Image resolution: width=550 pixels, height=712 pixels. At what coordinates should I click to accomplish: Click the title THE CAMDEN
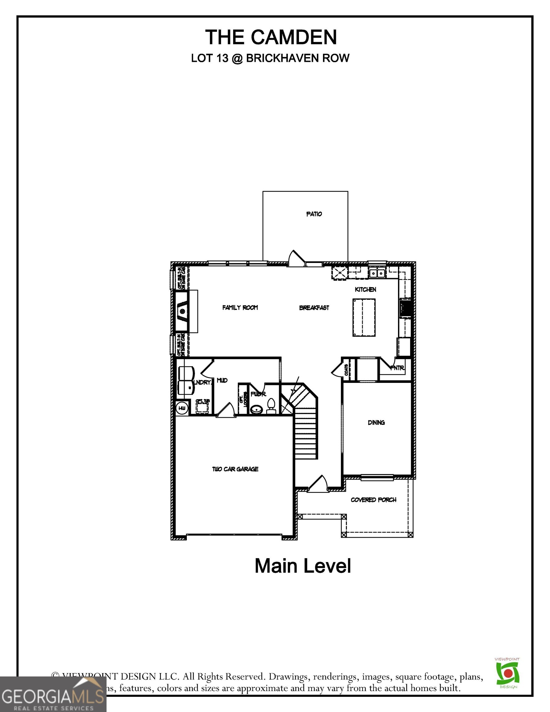[271, 37]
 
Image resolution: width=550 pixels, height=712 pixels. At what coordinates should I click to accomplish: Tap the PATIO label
[314, 214]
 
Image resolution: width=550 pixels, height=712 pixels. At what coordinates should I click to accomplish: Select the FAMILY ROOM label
[240, 307]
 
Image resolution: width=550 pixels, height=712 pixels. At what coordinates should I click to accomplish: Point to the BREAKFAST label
[314, 307]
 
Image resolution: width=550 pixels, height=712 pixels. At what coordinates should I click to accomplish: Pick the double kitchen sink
[377, 273]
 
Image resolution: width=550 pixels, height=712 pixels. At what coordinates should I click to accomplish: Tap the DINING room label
[376, 422]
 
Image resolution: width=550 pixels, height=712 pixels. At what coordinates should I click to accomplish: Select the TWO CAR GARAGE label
[235, 469]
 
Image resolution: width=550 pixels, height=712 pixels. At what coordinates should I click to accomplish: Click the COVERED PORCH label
[373, 500]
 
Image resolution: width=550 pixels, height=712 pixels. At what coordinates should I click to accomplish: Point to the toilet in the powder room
[271, 406]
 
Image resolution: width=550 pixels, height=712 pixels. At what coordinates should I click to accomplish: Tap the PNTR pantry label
[397, 368]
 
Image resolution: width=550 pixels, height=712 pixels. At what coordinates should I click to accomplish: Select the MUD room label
[222, 380]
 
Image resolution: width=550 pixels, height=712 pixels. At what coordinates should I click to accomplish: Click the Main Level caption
[302, 566]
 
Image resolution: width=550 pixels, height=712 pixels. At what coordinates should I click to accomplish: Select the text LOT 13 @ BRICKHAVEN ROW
[270, 58]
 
